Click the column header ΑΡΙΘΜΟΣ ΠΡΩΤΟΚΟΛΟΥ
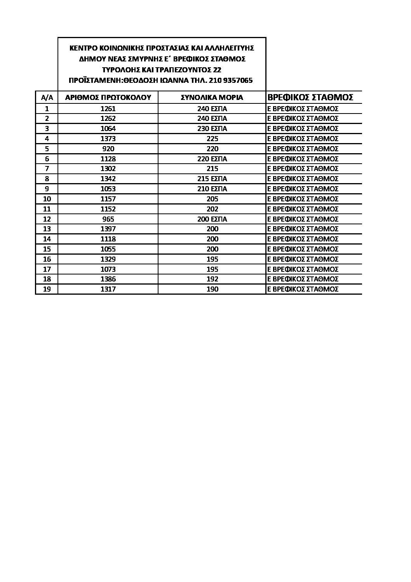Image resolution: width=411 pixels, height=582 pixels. (x=108, y=98)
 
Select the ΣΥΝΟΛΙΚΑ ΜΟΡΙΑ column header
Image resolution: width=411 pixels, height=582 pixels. (x=212, y=98)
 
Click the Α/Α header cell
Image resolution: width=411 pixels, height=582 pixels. (x=47, y=98)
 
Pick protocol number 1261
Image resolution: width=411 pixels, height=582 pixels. (x=108, y=109)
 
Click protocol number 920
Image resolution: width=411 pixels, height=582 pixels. (x=108, y=149)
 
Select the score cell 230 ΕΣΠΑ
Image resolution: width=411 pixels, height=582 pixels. (x=212, y=129)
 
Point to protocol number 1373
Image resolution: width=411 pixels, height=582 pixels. (x=108, y=139)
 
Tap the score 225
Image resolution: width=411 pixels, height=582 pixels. (x=212, y=139)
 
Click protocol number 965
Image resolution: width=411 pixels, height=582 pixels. (x=108, y=219)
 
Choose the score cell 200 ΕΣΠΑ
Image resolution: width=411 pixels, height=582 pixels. (x=212, y=219)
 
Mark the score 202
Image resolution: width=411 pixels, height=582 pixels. (x=212, y=209)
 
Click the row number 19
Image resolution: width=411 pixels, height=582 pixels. (x=47, y=289)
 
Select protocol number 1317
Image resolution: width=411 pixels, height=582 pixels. (x=108, y=289)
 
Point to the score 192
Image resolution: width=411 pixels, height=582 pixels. (x=212, y=279)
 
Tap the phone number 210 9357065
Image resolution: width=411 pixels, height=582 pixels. (x=232, y=80)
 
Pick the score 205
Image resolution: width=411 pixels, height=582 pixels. (x=212, y=199)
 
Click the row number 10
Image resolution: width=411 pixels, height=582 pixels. (x=47, y=199)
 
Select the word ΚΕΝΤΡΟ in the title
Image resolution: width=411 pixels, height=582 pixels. (x=82, y=48)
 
